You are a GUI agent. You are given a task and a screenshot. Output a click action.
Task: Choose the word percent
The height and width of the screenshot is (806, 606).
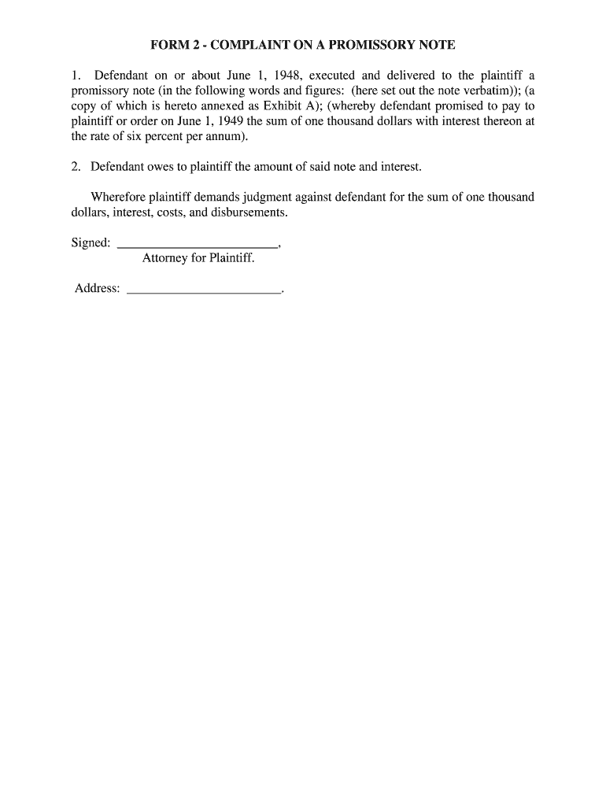coord(152,136)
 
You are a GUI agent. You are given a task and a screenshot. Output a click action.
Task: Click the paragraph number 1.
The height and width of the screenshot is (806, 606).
coord(76,76)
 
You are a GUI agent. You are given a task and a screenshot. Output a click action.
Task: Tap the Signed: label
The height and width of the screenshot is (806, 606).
coord(91,242)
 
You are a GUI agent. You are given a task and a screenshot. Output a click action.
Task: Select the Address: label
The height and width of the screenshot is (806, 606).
coord(98,288)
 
